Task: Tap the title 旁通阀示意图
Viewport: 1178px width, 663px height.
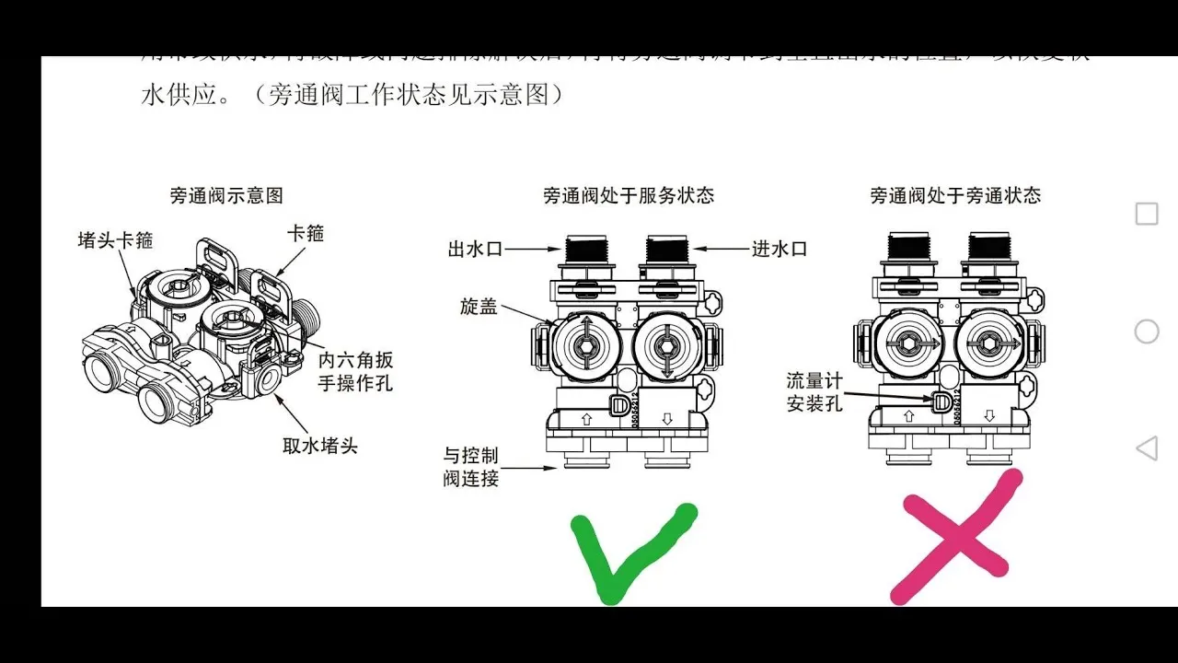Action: click(226, 195)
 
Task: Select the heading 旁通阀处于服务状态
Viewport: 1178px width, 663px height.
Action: click(629, 195)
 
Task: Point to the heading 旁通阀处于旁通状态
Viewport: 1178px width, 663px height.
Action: click(955, 195)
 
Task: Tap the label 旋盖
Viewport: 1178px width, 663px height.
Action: click(479, 307)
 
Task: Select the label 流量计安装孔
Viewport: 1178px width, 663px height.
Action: click(814, 392)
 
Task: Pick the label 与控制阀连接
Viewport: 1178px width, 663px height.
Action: click(471, 467)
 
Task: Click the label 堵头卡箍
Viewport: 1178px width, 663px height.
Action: click(115, 240)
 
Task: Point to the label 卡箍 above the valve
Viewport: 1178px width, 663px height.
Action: click(305, 233)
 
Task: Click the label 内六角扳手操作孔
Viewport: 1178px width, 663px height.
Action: click(355, 370)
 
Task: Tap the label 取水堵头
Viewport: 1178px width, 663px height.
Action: click(319, 446)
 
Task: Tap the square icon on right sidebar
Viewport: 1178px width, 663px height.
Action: click(1146, 214)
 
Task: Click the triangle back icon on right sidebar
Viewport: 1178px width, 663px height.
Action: click(1146, 448)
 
